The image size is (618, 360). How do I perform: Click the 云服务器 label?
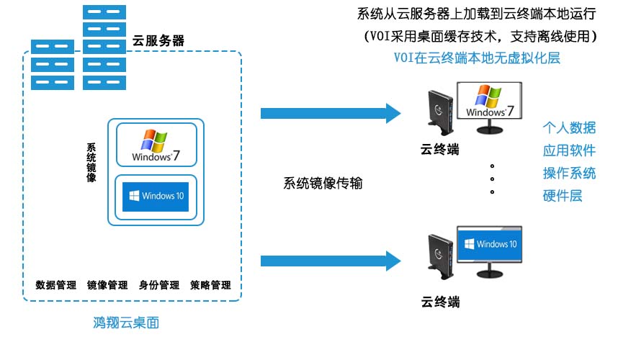(x=158, y=41)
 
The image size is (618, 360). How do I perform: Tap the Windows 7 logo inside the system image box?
(x=152, y=145)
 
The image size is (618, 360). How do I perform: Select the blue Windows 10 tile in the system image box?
(x=155, y=196)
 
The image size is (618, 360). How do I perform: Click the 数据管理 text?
(x=55, y=285)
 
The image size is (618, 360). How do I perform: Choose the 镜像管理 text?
(x=107, y=285)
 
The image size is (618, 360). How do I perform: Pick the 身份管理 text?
(x=158, y=285)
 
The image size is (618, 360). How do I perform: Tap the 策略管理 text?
(x=210, y=285)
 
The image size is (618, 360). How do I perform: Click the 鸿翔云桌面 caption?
(x=126, y=323)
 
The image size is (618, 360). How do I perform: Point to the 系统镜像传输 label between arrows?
(x=322, y=183)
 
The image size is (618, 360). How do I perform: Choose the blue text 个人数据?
(x=569, y=128)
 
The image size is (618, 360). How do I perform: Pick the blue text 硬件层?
(x=562, y=195)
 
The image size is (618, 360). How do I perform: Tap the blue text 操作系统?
(x=569, y=173)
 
